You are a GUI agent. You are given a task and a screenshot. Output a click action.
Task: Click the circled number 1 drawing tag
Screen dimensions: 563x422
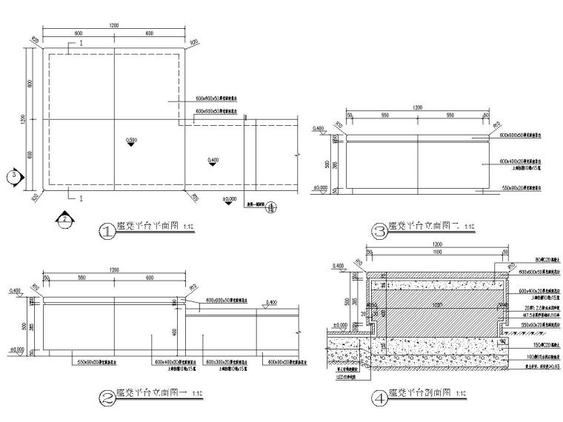pyautogui.click(x=108, y=230)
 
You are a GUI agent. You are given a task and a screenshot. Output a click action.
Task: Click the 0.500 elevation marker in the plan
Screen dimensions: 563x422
pyautogui.click(x=131, y=140)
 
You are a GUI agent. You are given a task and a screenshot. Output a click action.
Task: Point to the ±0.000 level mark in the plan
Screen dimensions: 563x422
pyautogui.click(x=230, y=199)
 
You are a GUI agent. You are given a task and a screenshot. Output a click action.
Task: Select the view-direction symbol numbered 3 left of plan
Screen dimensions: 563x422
pyautogui.click(x=13, y=176)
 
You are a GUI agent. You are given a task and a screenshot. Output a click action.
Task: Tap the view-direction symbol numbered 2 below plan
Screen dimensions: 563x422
pyautogui.click(x=64, y=219)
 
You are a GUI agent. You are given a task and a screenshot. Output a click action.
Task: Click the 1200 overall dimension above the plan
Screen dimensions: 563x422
pyautogui.click(x=113, y=26)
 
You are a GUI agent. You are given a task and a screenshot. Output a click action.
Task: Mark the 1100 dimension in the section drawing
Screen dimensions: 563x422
pyautogui.click(x=437, y=252)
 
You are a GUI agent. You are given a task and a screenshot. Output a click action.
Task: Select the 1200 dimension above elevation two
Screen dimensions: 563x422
pyautogui.click(x=418, y=107)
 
